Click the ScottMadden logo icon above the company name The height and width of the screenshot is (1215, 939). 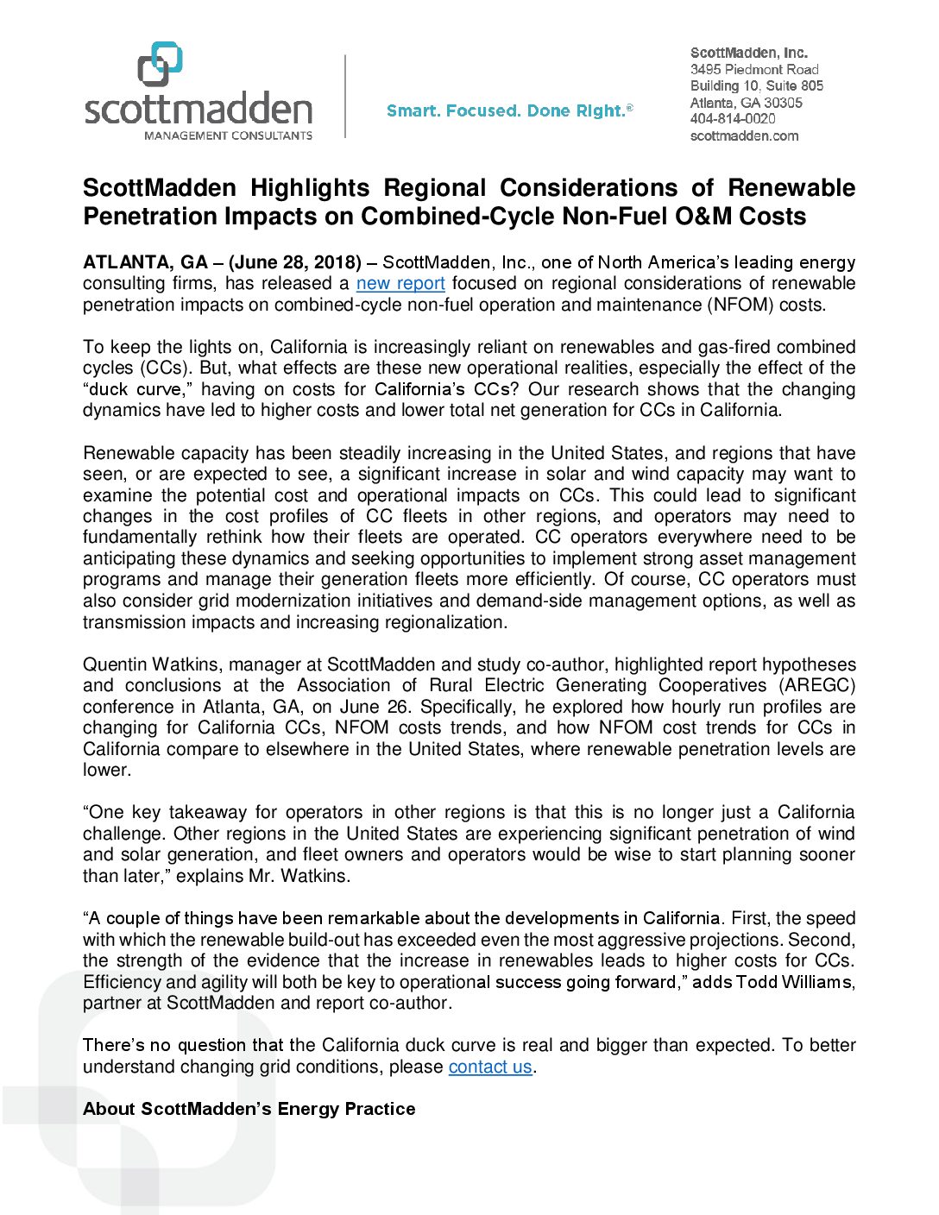coord(161,64)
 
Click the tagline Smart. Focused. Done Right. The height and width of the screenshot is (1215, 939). coord(509,110)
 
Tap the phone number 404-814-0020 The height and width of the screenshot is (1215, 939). coord(733,119)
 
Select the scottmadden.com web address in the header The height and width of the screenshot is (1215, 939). coord(744,135)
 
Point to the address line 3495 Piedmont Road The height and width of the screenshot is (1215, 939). coord(754,69)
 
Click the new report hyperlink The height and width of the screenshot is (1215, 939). coord(400,284)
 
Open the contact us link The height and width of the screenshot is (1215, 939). coord(490,1067)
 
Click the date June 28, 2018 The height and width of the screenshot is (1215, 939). coord(295,262)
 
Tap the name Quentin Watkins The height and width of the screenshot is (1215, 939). coord(148,664)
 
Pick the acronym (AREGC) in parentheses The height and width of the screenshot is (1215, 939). coord(817,686)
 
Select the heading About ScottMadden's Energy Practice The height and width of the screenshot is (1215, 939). coord(249,1109)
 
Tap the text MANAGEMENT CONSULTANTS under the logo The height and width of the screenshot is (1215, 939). coord(228,135)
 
